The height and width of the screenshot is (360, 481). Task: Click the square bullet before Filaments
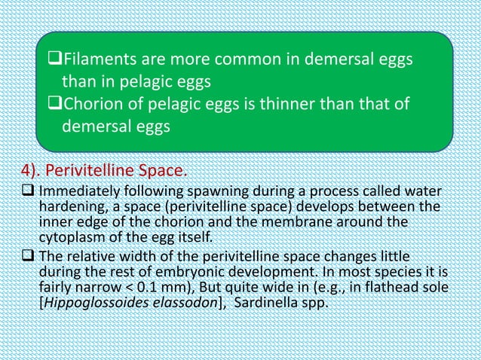click(53, 60)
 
